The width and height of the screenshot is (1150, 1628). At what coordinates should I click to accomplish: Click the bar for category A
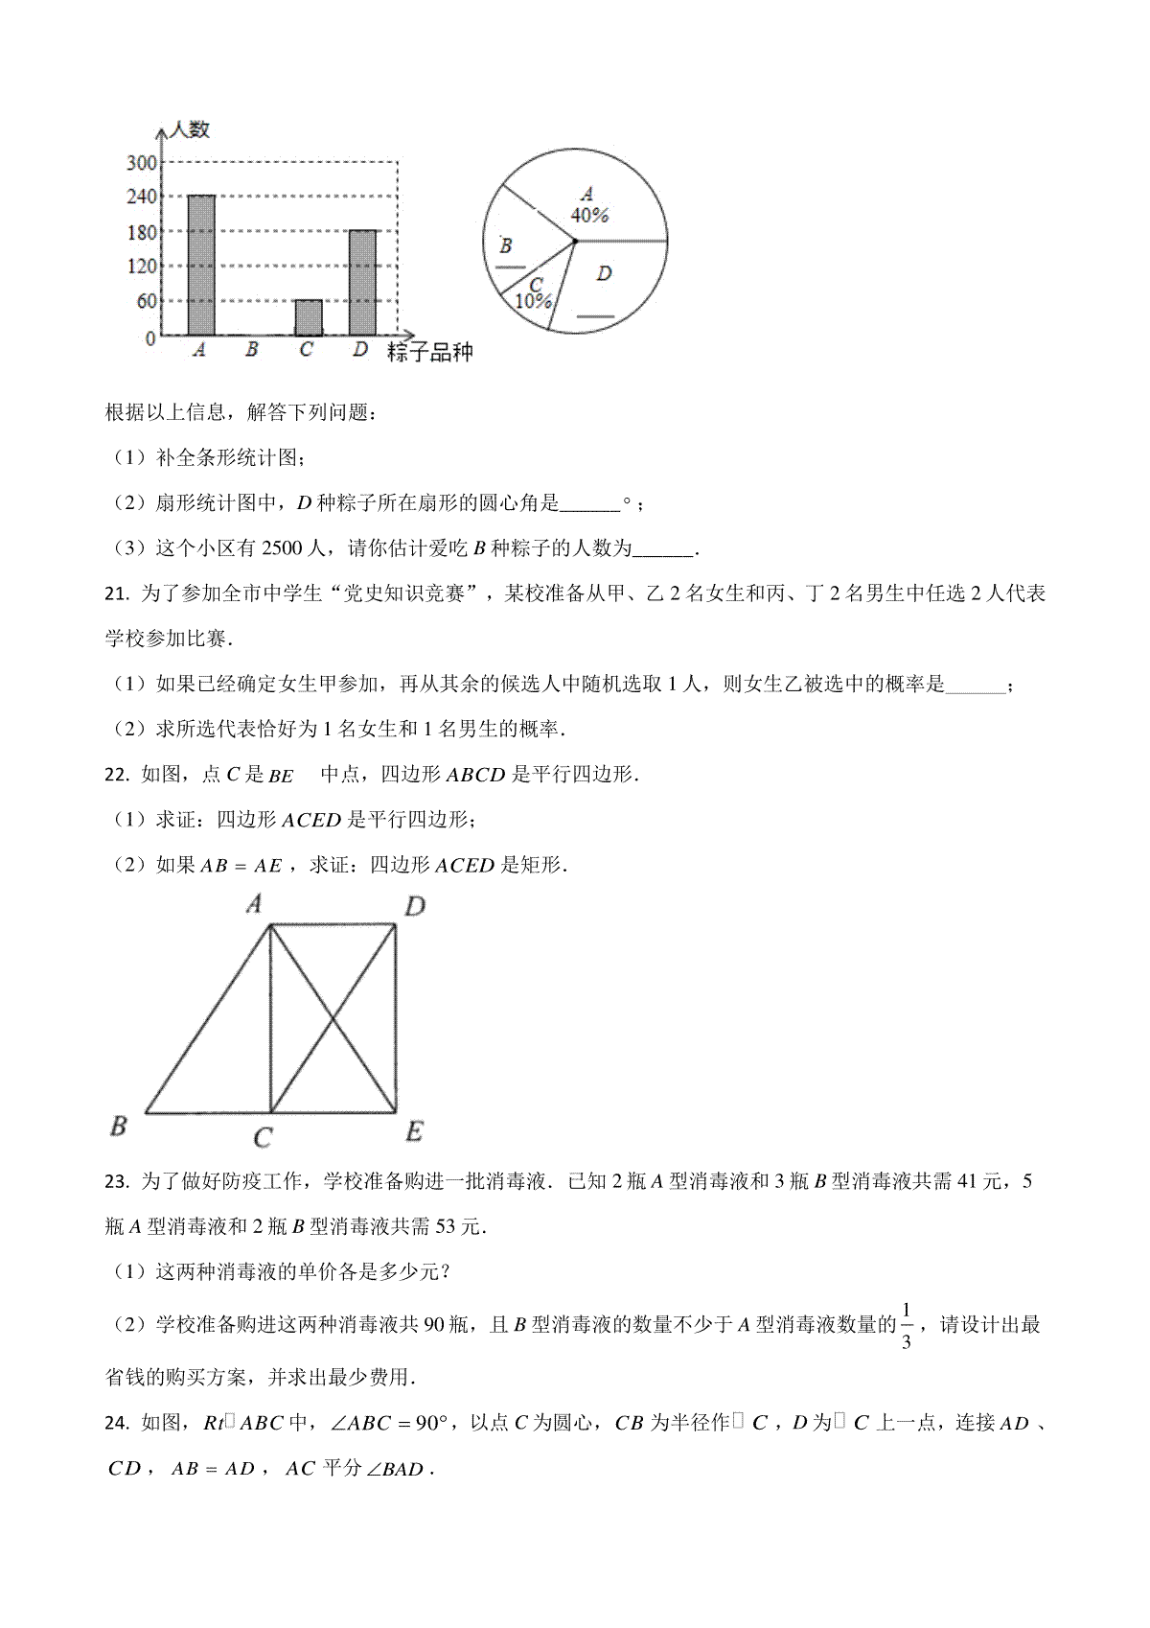(201, 265)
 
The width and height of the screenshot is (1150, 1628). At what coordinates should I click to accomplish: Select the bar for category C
(309, 317)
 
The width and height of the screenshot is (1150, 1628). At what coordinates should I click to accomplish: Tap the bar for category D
(362, 282)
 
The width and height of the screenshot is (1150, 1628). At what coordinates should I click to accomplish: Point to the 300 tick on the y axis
(141, 163)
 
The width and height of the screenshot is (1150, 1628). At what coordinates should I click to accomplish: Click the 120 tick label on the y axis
(141, 267)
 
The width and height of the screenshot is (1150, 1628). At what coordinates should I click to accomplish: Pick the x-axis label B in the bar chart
(252, 350)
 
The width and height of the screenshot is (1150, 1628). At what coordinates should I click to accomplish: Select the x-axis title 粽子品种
(430, 352)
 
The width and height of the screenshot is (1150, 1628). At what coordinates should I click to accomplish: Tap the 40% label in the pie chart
(589, 216)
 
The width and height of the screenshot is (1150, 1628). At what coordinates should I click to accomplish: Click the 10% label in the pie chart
(533, 301)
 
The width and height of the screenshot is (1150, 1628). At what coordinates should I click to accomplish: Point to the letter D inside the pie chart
(604, 274)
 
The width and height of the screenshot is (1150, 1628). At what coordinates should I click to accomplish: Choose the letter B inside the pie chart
(506, 245)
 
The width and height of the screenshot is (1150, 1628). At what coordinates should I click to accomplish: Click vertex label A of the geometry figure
(255, 903)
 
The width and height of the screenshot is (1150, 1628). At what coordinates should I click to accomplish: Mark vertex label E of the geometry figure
(414, 1132)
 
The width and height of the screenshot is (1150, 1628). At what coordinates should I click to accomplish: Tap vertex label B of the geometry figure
(119, 1126)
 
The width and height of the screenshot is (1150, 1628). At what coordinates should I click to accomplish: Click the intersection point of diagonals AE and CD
(333, 1018)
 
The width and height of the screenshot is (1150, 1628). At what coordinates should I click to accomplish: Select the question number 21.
(116, 594)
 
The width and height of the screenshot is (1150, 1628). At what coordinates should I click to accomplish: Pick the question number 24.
(116, 1424)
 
